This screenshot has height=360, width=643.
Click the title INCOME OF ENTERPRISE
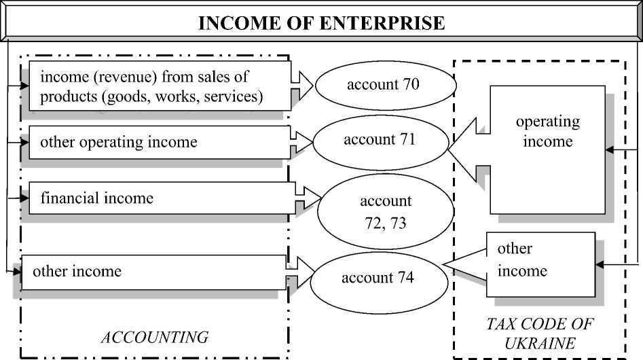coord(321,23)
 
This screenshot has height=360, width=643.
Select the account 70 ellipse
coord(383,85)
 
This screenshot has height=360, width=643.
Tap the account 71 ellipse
coord(379,141)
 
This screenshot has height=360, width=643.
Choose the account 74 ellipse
coord(377,278)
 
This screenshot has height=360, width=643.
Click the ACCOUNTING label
coord(154,337)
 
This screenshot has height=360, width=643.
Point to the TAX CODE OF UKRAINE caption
coord(540,333)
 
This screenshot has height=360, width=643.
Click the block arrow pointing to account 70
coord(302,86)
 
